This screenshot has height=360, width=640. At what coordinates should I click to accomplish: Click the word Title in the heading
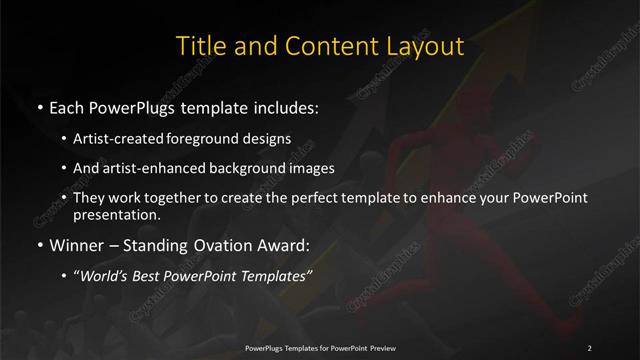point(199,46)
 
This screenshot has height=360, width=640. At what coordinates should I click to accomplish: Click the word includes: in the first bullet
point(282,105)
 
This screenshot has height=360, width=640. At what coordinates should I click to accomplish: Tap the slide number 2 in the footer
point(589,347)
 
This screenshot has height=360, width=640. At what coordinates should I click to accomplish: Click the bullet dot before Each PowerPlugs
point(38,105)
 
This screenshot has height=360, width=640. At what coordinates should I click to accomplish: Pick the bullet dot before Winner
point(38,243)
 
